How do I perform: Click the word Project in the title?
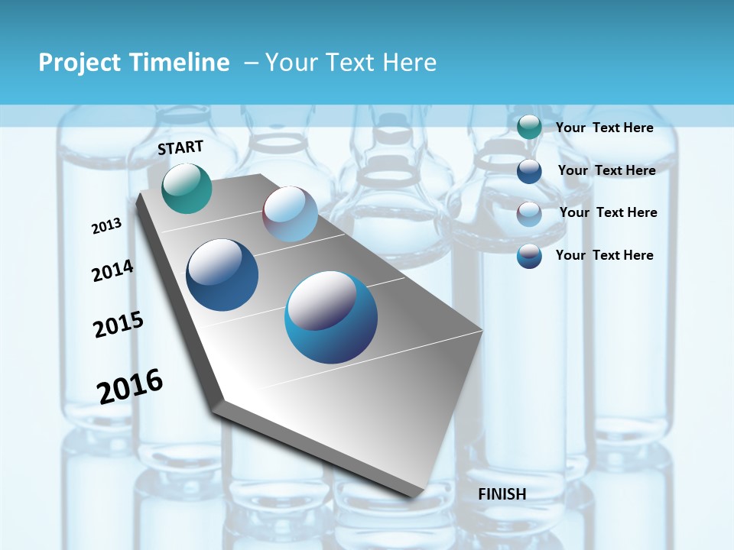pos(77,63)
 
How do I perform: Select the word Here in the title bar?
pos(409,63)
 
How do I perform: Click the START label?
pos(180,147)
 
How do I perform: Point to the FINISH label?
pos(502,494)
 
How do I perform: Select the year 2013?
pos(106,226)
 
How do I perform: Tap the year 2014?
pos(112,271)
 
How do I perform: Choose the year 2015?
pos(119,325)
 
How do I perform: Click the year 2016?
pos(130,387)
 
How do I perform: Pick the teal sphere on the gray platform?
pos(187,188)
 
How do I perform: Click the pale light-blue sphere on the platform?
pos(290,214)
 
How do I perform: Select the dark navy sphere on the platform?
pos(222,275)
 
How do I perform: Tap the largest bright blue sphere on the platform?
pos(331,317)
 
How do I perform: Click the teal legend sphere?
pos(529,128)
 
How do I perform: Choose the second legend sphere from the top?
pos(529,171)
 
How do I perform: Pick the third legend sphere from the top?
pos(529,214)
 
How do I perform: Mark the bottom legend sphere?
pos(529,256)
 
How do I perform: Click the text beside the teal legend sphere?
pos(604,128)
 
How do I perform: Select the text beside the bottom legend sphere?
pos(604,255)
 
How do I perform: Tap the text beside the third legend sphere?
pos(608,212)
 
